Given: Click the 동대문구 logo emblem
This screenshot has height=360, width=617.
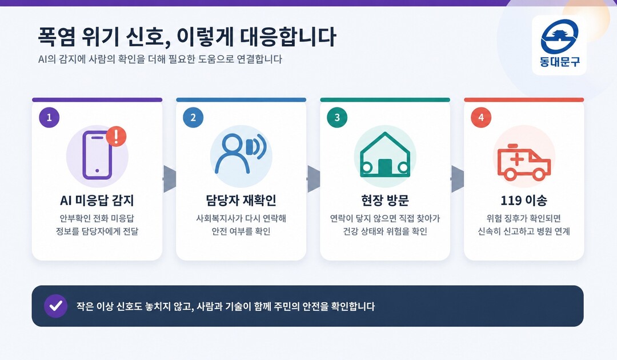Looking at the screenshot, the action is (559, 37).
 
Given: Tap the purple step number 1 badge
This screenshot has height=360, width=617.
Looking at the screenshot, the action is (49, 117).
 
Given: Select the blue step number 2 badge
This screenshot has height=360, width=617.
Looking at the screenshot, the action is (193, 117).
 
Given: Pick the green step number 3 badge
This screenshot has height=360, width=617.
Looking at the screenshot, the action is (337, 117).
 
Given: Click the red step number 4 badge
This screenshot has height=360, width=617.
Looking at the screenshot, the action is (481, 117).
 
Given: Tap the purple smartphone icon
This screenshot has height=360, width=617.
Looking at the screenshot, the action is (97, 155).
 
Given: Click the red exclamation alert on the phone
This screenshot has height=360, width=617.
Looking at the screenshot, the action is (116, 137).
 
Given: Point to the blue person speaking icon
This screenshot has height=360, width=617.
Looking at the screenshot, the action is (240, 154).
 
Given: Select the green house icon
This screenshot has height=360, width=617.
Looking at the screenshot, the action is (385, 155).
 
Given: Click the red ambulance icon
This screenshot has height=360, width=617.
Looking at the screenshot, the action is (524, 162).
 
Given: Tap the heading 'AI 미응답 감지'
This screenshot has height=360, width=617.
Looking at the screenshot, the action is (97, 200).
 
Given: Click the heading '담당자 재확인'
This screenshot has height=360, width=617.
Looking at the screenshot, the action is (241, 200).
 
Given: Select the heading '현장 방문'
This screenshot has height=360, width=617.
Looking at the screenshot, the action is (385, 200).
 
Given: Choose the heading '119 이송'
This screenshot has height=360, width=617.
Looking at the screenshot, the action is (524, 200).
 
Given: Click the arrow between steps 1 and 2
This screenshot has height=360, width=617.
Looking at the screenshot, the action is (170, 179).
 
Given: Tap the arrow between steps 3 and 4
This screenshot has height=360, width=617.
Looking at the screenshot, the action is (458, 179).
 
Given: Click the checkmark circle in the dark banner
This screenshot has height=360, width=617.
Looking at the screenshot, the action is (55, 306).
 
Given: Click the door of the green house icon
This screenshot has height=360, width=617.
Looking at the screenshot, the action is (385, 167).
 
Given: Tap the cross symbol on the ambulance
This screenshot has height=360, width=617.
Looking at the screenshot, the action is (517, 159).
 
